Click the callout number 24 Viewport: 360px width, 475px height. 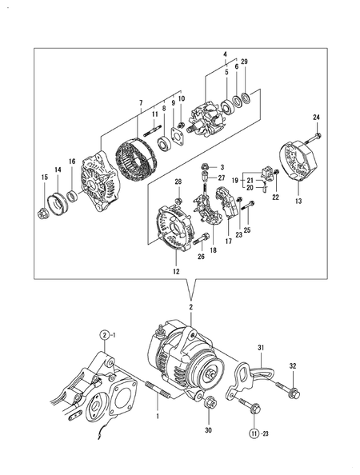316,118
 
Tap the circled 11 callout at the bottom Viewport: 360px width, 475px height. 254,433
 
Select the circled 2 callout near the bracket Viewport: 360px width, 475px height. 105,335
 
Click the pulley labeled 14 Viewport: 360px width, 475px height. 58,203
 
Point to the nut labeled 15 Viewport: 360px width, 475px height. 42,214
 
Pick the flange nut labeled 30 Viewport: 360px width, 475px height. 210,402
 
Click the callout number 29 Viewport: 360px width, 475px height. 244,62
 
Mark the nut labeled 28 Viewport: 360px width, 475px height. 178,201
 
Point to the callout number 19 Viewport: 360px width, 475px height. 235,181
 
